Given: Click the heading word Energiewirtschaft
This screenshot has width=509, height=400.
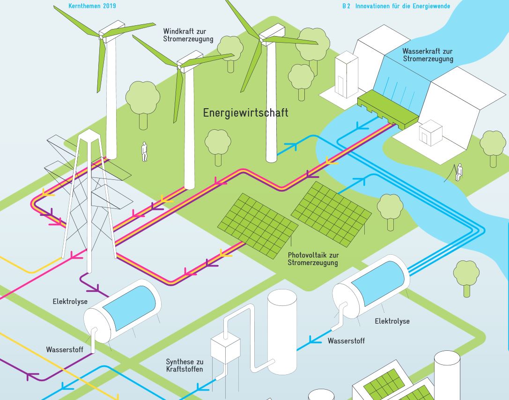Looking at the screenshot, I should pyautogui.click(x=245, y=113).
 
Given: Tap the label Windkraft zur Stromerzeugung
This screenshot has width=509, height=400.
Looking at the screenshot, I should pyautogui.click(x=188, y=35).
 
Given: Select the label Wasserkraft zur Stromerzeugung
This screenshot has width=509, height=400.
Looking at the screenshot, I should pyautogui.click(x=428, y=55).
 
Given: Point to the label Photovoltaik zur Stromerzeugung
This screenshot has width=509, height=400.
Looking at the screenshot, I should pyautogui.click(x=313, y=259).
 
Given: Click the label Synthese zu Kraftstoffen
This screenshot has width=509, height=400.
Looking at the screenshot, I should pyautogui.click(x=184, y=365).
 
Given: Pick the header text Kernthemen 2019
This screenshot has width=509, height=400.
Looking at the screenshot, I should pyautogui.click(x=92, y=6).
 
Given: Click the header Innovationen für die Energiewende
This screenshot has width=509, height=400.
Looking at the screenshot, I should pyautogui.click(x=402, y=6).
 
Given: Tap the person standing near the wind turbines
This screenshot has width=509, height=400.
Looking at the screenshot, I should pyautogui.click(x=144, y=152).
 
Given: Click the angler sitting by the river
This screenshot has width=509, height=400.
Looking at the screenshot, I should pyautogui.click(x=459, y=172).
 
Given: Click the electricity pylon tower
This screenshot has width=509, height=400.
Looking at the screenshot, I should pyautogui.click(x=89, y=197).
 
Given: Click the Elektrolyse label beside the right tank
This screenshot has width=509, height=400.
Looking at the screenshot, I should pyautogui.click(x=392, y=321).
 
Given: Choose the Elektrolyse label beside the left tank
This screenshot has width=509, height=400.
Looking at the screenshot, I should pyautogui.click(x=70, y=302).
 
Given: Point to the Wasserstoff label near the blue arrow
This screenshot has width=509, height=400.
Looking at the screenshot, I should pyautogui.click(x=346, y=341).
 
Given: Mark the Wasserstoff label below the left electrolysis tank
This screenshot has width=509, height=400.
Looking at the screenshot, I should pyautogui.click(x=65, y=349).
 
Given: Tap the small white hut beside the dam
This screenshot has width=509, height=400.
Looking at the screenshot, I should pyautogui.click(x=430, y=133).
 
